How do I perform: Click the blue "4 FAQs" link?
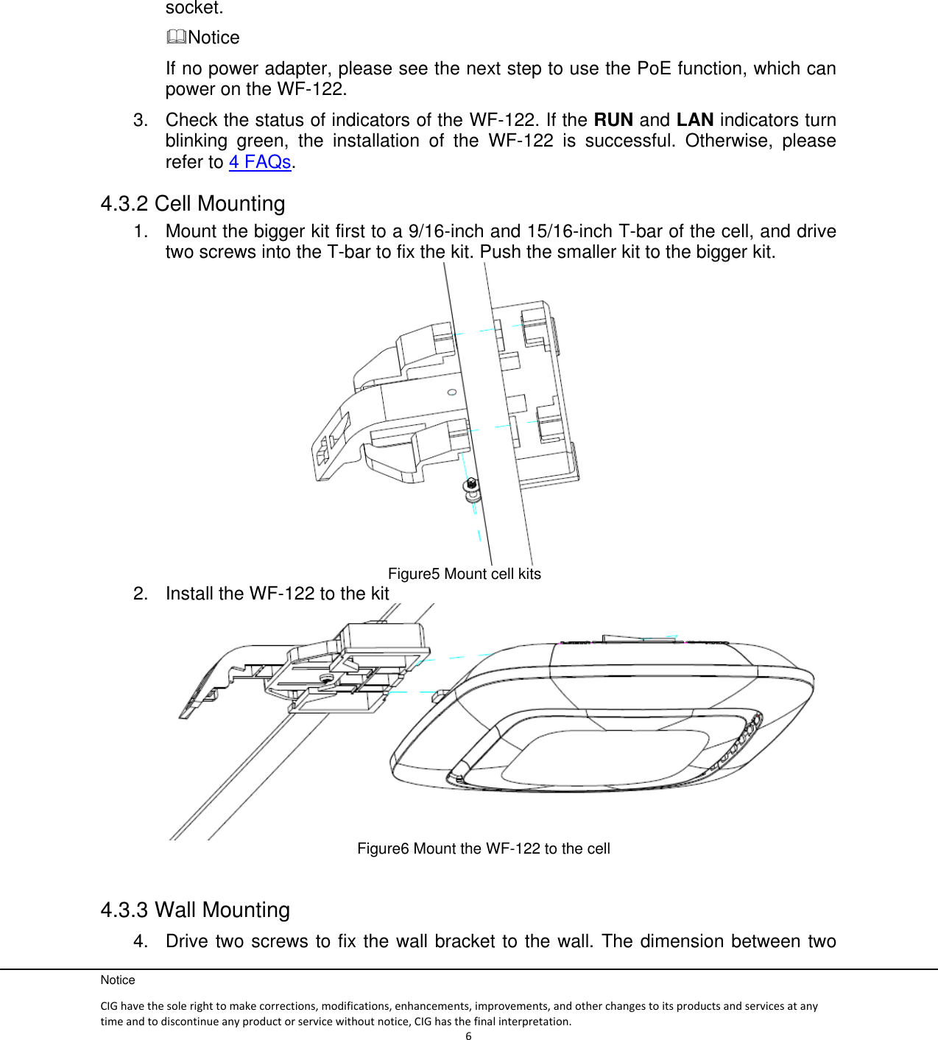coord(260,162)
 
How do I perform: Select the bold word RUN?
coord(613,120)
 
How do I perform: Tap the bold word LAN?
coord(694,120)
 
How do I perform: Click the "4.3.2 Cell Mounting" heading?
coord(193,204)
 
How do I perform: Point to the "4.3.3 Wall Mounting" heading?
coord(195,910)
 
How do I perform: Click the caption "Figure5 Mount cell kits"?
coord(464,575)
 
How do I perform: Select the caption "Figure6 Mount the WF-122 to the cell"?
coord(483,849)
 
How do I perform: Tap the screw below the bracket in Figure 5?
coord(471,487)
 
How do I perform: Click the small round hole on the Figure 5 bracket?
coord(452,393)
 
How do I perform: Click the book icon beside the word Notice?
coord(176,37)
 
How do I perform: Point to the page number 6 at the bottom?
coord(468,1036)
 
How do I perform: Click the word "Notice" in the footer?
coord(118,980)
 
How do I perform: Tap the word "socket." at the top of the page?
coord(194,8)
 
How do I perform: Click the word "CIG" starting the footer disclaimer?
coord(109,1006)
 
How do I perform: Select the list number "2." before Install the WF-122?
coord(141,594)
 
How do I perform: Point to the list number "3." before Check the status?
coord(141,120)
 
